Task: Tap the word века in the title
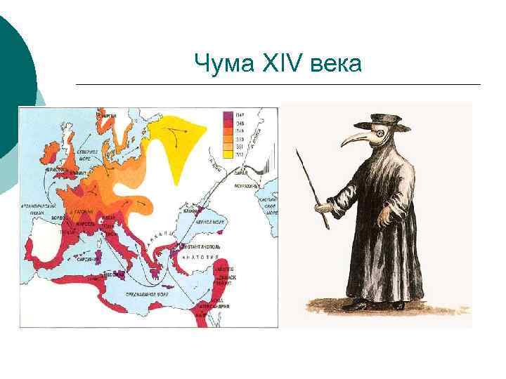pyautogui.click(x=335, y=65)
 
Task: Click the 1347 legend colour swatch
pyautogui.click(x=228, y=114)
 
